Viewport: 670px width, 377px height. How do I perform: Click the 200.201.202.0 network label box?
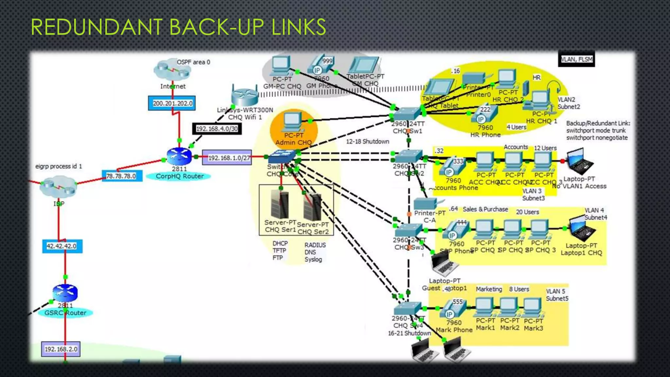coord(172,103)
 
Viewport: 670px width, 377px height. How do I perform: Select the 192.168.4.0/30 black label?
coord(217,129)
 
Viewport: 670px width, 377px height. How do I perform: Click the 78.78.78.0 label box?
coord(121,176)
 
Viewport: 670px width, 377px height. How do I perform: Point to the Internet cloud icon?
coord(172,69)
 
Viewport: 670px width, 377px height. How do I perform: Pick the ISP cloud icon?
coord(58,186)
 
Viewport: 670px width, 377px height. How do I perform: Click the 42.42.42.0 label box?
coord(62,246)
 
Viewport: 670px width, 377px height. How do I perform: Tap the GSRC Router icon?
coord(65,292)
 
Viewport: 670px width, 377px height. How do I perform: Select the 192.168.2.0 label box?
coord(61,349)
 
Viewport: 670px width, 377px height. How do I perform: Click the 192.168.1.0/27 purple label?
coord(227,158)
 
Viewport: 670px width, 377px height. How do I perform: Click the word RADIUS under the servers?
coord(315,245)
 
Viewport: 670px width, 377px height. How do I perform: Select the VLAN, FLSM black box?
coord(576,60)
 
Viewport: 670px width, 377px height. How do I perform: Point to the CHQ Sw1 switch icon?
coord(407,114)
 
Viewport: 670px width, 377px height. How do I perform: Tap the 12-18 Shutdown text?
coord(367,141)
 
